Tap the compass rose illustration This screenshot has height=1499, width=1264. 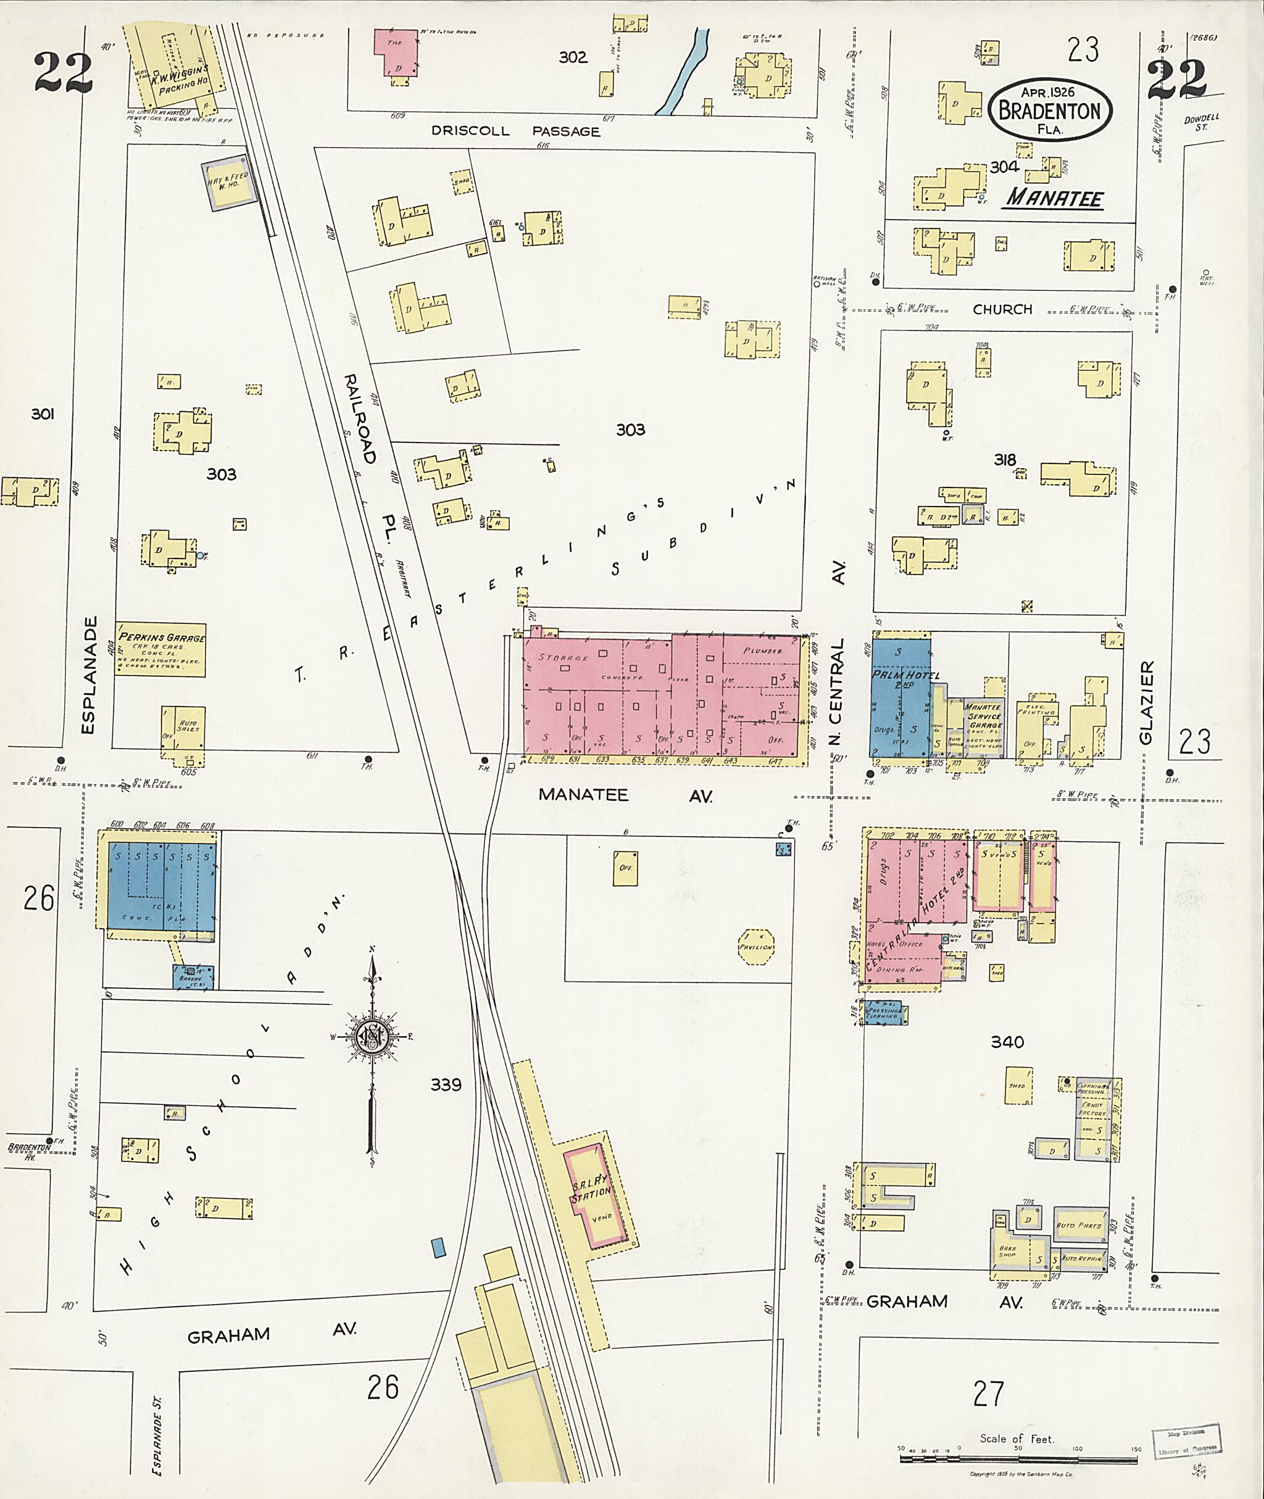pyautogui.click(x=372, y=1036)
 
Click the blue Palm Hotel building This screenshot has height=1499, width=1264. pyautogui.click(x=900, y=694)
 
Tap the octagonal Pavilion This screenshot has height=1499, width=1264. pyautogui.click(x=757, y=946)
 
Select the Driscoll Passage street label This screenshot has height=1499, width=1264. pyautogui.click(x=515, y=131)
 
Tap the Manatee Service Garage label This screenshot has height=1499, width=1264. pyautogui.click(x=984, y=716)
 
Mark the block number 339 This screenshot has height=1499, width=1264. pyautogui.click(x=446, y=1085)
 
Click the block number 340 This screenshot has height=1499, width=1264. pyautogui.click(x=1007, y=1042)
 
